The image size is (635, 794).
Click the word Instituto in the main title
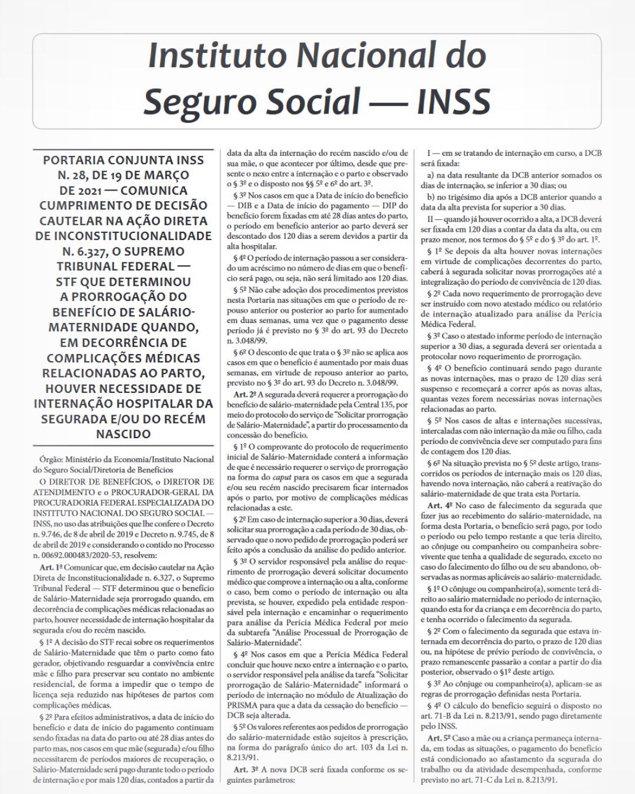click(x=216, y=56)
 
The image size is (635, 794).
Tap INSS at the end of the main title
click(x=453, y=101)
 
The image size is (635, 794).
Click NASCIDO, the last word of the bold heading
click(x=123, y=434)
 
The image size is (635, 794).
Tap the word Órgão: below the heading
click(x=51, y=459)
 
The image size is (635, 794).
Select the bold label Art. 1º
click(x=51, y=568)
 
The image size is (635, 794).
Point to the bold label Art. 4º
click(x=439, y=506)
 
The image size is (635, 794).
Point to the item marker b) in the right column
click(x=431, y=197)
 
